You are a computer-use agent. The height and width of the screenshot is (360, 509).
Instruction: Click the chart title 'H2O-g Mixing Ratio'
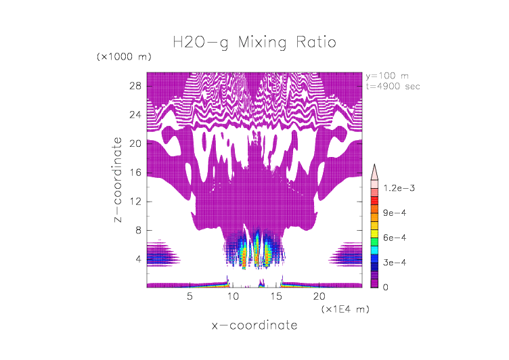point(255,43)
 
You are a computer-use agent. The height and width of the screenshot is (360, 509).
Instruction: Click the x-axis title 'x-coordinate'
point(255,325)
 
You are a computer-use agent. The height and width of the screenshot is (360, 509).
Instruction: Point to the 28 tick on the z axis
point(135,87)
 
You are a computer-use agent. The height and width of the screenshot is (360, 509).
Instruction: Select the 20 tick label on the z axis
point(135,144)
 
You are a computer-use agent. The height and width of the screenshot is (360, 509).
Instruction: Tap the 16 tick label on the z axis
point(135,173)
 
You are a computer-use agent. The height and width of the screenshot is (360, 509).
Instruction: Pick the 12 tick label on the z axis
point(135,202)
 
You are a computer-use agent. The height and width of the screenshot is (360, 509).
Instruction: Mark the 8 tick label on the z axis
point(138,230)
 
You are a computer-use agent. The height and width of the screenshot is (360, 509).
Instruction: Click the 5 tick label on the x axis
point(190,296)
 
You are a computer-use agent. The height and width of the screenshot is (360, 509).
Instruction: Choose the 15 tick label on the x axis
point(275,296)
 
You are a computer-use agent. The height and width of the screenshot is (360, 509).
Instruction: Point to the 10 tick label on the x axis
point(233,296)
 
